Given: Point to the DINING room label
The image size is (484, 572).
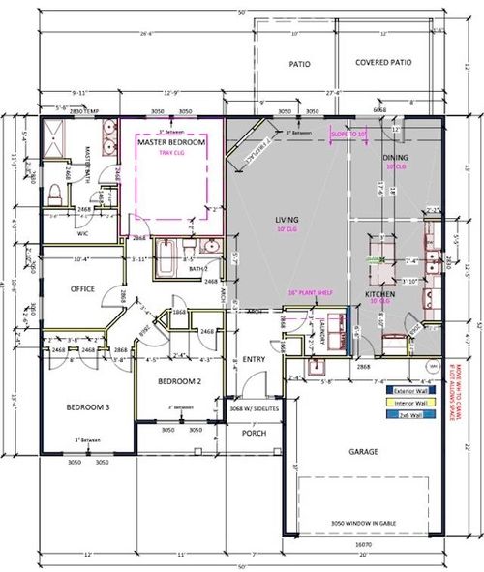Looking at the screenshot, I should tap(395, 157).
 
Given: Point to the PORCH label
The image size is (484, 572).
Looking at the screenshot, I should tap(254, 432).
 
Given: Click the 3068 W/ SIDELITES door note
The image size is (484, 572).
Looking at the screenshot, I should tap(254, 410).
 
